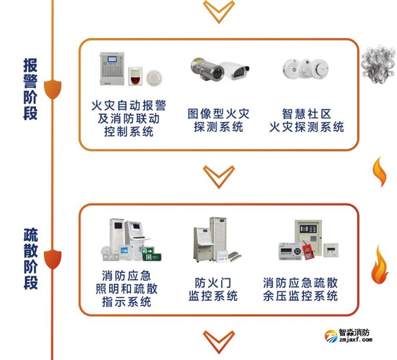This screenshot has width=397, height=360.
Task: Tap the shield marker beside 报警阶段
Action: pyautogui.click(x=53, y=88)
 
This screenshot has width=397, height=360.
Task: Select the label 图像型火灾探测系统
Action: pyautogui.click(x=218, y=120)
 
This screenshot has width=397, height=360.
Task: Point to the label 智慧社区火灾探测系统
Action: pyautogui.click(x=306, y=120)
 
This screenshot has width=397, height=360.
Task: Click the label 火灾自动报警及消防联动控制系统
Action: pyautogui.click(x=129, y=118)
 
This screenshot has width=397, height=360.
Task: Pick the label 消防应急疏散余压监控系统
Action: pyautogui.click(x=300, y=290)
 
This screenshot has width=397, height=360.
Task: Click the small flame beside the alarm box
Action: pyautogui.click(x=380, y=172)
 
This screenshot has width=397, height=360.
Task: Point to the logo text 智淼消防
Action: pyautogui.click(x=355, y=332)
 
